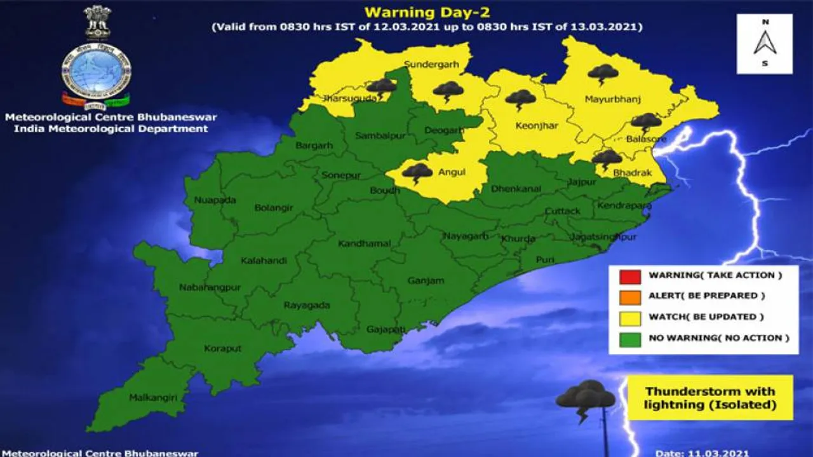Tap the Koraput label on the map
[223, 348]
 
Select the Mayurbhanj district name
[612, 99]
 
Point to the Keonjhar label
[537, 126]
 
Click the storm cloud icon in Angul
[417, 172]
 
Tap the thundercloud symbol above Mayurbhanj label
[603, 74]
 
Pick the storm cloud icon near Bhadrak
[607, 158]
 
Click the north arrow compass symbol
[765, 43]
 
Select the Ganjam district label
[426, 280]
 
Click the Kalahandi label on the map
[264, 261]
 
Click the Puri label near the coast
[545, 259]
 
